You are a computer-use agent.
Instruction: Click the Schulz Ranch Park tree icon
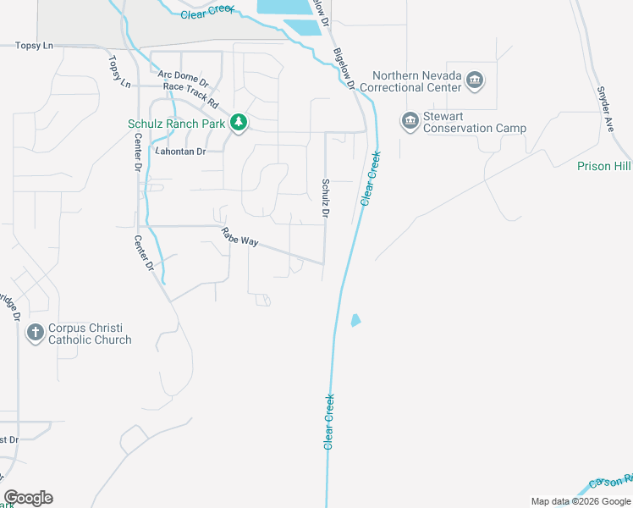[239, 124]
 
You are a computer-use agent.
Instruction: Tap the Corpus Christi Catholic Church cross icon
[35, 333]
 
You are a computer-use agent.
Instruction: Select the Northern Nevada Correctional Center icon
[475, 81]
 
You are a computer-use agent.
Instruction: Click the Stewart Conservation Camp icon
[410, 122]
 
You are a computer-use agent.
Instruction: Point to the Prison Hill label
[604, 166]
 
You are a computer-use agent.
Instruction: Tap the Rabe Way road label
[239, 237]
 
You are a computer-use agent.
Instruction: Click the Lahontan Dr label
[179, 152]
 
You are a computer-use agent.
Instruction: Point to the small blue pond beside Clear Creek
[355, 320]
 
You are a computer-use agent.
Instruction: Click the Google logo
[28, 498]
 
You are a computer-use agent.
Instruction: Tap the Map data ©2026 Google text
[580, 501]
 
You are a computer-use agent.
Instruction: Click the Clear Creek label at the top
[208, 14]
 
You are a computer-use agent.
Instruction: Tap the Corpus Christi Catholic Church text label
[90, 334]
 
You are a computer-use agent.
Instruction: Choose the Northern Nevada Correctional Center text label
[410, 81]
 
